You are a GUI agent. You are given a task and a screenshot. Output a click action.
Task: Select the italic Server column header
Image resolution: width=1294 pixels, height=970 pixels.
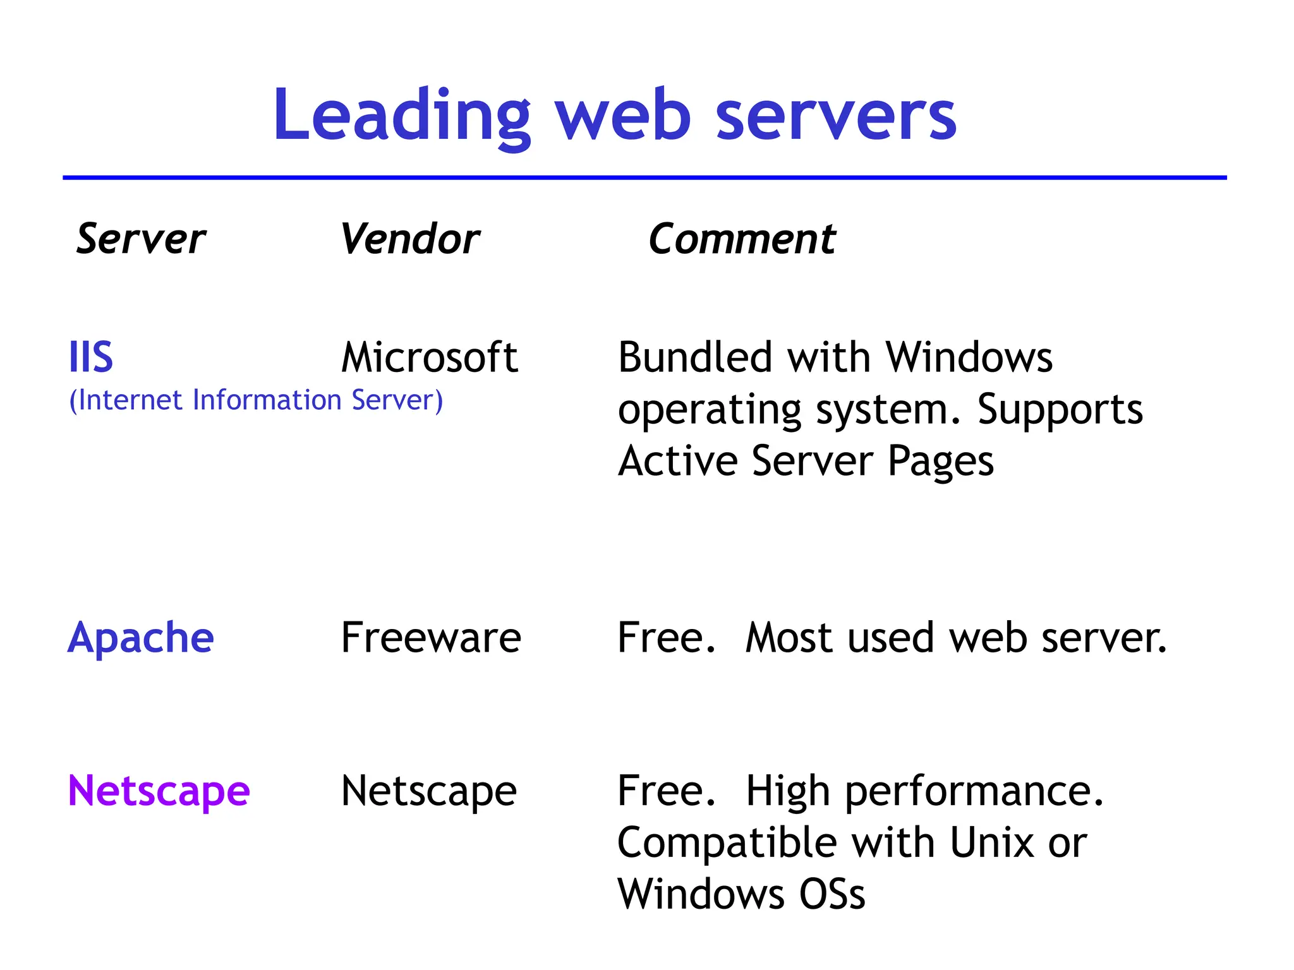coord(141,239)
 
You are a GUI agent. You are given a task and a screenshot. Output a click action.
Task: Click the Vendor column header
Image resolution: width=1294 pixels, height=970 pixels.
coord(410,239)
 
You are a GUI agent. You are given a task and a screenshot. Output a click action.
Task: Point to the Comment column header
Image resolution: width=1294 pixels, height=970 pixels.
coord(742,239)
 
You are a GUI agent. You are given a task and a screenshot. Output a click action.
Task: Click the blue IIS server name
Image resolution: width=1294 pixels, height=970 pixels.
coord(91,357)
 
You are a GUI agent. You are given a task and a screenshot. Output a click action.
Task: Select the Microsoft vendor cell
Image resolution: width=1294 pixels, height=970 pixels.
coord(430,357)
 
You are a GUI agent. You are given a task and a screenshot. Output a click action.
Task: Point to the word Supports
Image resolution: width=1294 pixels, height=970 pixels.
coord(1060,409)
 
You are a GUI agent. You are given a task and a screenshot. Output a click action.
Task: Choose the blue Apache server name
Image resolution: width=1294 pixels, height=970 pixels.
coord(141,638)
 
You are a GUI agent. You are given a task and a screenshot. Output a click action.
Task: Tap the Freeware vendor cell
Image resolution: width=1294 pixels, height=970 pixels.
coord(431,638)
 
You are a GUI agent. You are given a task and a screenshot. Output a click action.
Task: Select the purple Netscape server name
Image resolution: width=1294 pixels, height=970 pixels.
coord(159,791)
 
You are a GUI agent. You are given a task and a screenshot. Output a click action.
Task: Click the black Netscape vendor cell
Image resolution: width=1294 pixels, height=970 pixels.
coord(429,791)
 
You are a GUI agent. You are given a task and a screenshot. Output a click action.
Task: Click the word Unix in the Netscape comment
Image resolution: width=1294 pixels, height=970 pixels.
coord(992,842)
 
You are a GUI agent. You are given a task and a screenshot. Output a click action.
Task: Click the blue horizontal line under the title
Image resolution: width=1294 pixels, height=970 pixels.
coord(644,178)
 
